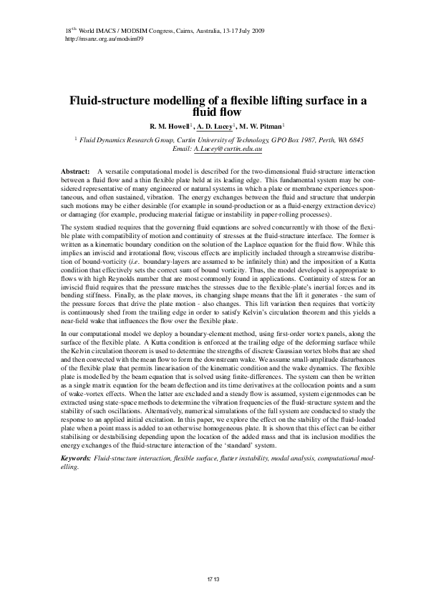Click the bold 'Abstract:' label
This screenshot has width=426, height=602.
click(75, 173)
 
